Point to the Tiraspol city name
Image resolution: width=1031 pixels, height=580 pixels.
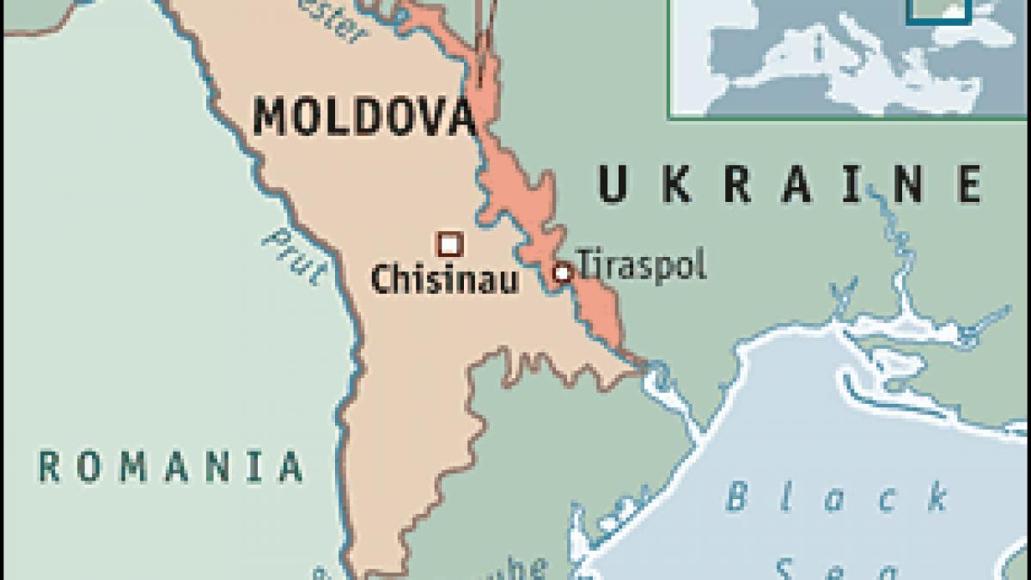click(641, 266)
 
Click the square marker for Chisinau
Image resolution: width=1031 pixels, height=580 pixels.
click(449, 245)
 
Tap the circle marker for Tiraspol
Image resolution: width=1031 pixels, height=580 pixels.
click(562, 273)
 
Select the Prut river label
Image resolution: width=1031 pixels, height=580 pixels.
click(294, 254)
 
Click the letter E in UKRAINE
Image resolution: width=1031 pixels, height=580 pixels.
click(969, 184)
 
